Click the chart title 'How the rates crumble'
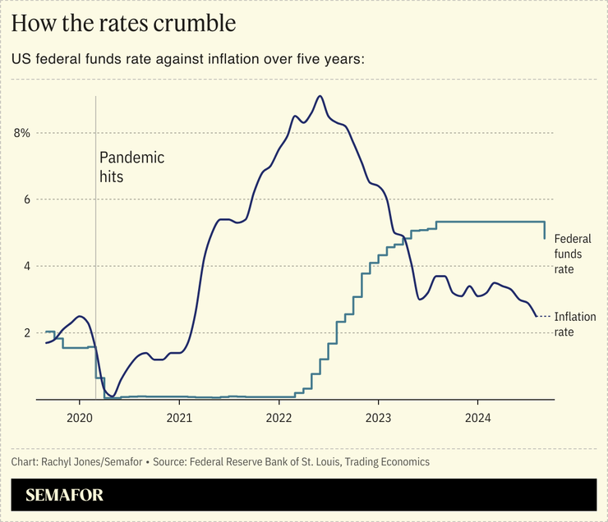pyautogui.click(x=124, y=24)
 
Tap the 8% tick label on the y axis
pyautogui.click(x=21, y=133)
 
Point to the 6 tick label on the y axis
pyautogui.click(x=25, y=199)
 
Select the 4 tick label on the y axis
pyautogui.click(x=25, y=266)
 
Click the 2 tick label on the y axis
pyautogui.click(x=25, y=332)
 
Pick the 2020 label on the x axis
pyautogui.click(x=80, y=416)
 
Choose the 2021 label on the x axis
pyautogui.click(x=179, y=416)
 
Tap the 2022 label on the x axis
pyautogui.click(x=279, y=416)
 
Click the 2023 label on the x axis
pyautogui.click(x=378, y=416)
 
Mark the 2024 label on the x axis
pyautogui.click(x=477, y=416)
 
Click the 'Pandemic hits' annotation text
pyautogui.click(x=131, y=167)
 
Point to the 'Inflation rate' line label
pyautogui.click(x=575, y=324)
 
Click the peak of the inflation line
pyautogui.click(x=320, y=96)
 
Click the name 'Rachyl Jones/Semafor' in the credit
pyautogui.click(x=90, y=462)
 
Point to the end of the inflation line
pyautogui.click(x=537, y=316)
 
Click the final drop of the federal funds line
pyautogui.click(x=546, y=231)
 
